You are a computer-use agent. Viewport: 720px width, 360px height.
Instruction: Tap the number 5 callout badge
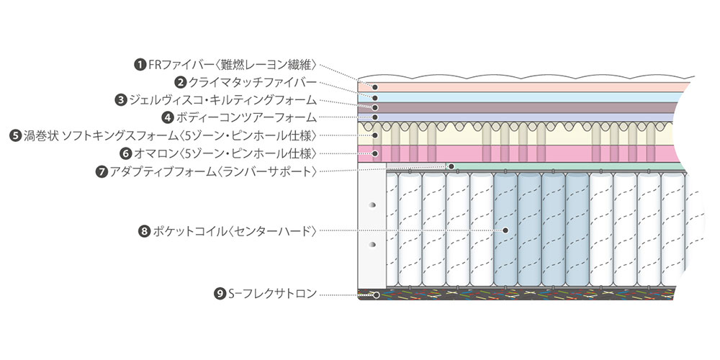point(15,135)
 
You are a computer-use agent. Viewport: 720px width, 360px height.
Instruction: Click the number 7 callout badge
point(102,171)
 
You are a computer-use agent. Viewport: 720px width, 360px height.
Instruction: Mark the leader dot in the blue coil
point(506,230)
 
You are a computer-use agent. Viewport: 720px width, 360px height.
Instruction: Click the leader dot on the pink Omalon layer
point(374,153)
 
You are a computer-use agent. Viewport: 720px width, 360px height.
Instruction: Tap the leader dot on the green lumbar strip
point(451,166)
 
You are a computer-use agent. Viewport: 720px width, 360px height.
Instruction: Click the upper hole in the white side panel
point(372,205)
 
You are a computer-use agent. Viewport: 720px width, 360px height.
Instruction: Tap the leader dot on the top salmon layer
point(374,87)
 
